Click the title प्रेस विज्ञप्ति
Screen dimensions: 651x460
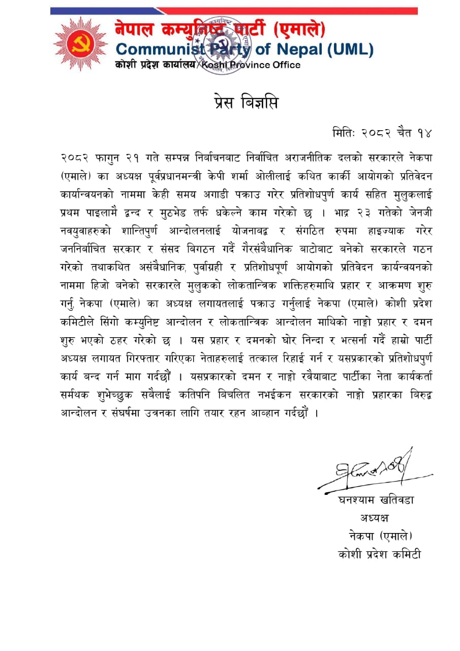coord(246,102)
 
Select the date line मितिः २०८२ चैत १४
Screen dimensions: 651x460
coord(381,133)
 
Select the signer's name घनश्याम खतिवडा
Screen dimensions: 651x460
coord(376,500)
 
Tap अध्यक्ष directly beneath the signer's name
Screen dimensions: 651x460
coord(375,518)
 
